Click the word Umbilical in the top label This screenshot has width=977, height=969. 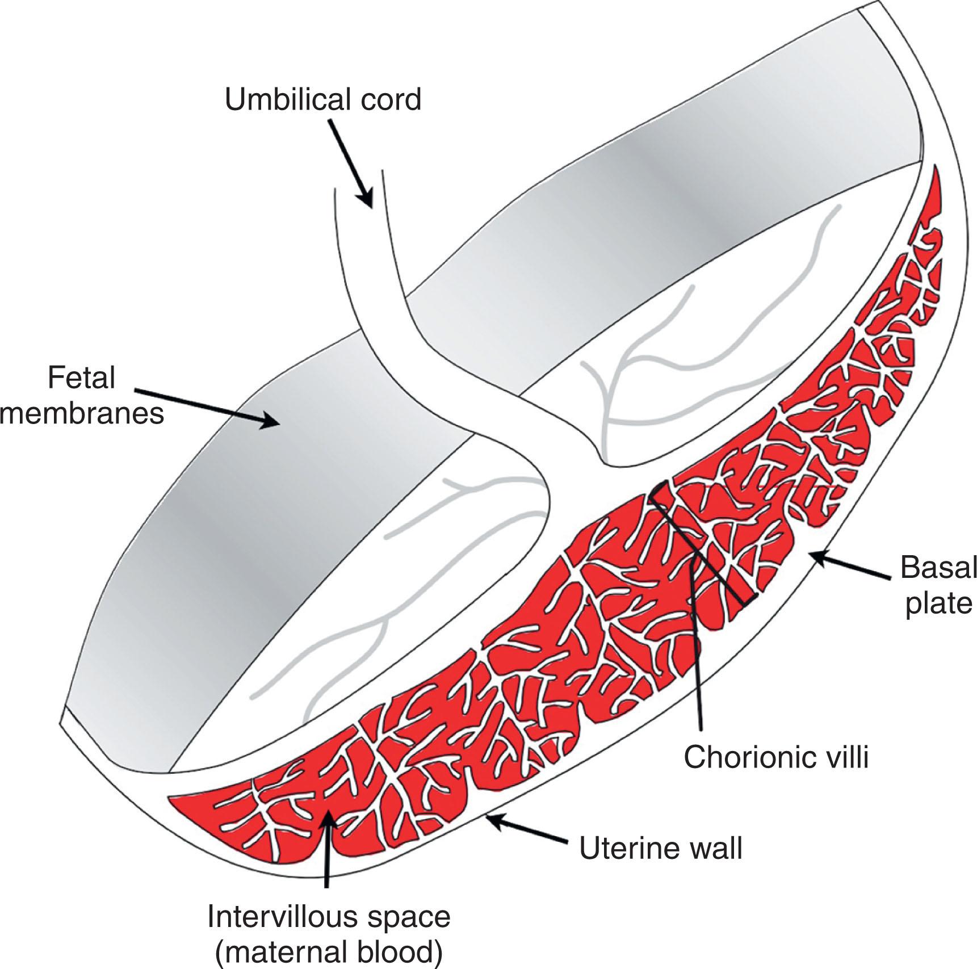tap(283, 99)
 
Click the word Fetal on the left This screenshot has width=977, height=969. tap(82, 378)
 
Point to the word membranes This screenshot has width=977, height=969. tap(83, 414)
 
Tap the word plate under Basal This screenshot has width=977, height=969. tap(938, 604)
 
